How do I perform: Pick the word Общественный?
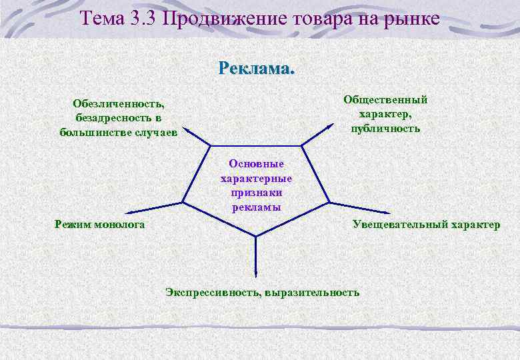point(385,100)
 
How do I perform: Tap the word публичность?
point(385,128)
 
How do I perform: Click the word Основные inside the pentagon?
point(256,163)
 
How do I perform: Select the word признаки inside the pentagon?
point(256,193)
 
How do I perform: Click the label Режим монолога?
point(100,225)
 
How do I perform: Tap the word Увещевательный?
point(400,225)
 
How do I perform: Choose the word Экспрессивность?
point(213,292)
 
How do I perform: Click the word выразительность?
point(312,292)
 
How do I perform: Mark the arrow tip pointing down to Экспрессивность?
point(255,276)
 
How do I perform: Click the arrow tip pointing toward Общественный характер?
point(333,125)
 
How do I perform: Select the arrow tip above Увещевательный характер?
point(359,209)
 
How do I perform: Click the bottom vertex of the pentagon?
point(255,236)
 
